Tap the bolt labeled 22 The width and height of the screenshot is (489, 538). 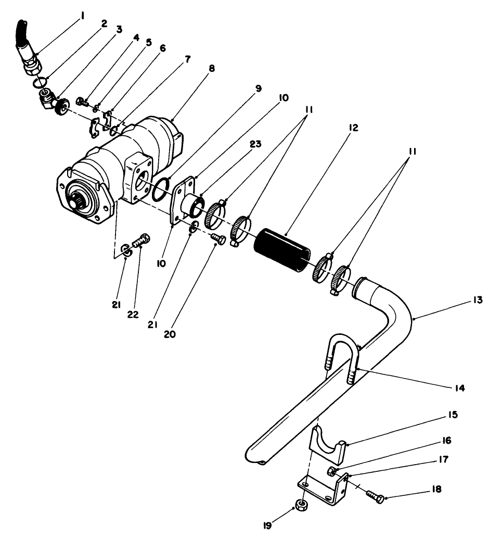141,242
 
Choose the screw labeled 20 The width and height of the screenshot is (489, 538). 219,239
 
